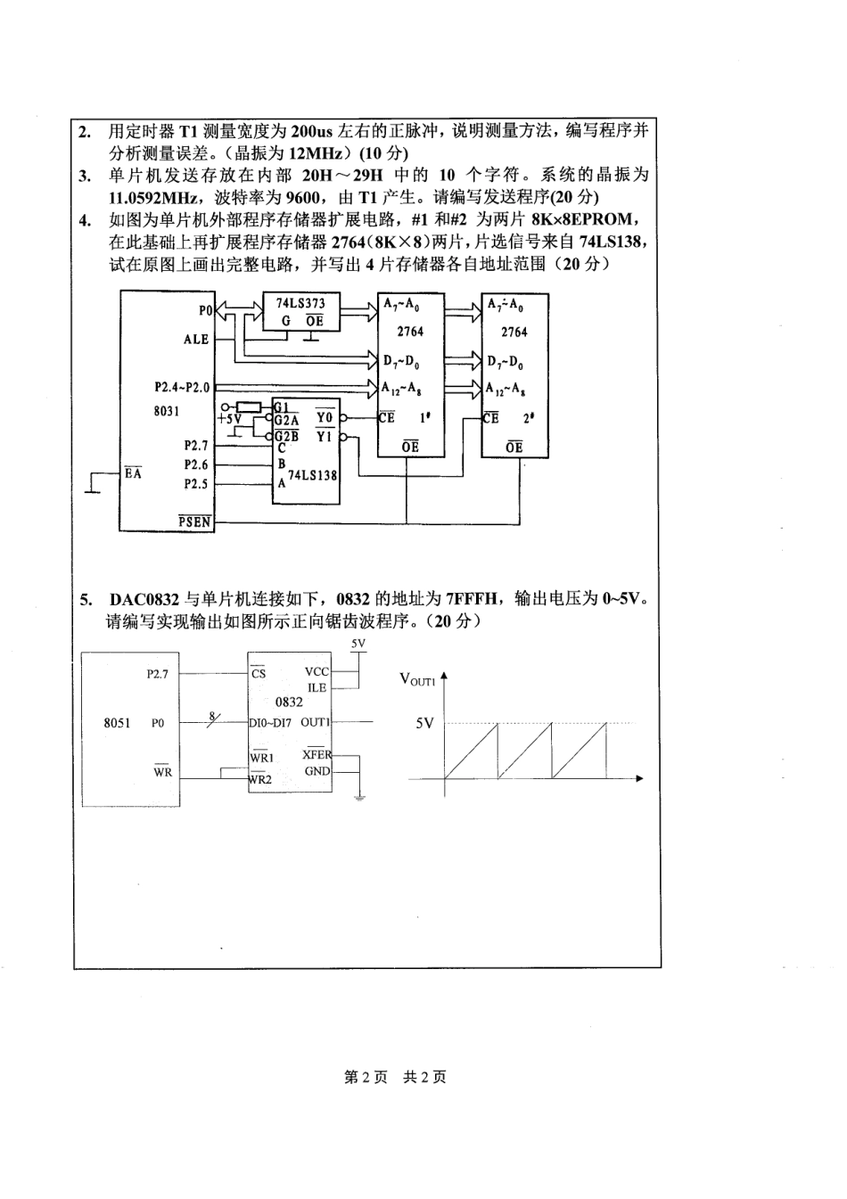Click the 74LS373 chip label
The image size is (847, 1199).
point(300,303)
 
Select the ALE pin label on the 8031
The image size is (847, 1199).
point(196,340)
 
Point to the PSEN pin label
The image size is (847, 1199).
point(194,521)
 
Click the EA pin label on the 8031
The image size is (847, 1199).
point(133,473)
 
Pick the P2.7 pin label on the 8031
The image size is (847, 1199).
point(196,445)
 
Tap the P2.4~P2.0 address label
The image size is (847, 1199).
point(181,387)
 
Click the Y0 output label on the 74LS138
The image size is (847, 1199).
point(325,417)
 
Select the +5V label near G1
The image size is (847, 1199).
point(229,418)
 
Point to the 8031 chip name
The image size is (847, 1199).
point(167,411)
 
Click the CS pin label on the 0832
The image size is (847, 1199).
point(259,673)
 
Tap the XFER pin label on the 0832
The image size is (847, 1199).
point(317,755)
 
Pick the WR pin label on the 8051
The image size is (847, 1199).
point(162,772)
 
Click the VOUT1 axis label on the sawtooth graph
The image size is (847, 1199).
point(416,680)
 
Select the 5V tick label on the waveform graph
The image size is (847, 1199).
point(424,723)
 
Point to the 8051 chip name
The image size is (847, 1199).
point(117,723)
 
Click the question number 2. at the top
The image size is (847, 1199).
point(85,132)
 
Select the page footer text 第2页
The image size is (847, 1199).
point(366,1077)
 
